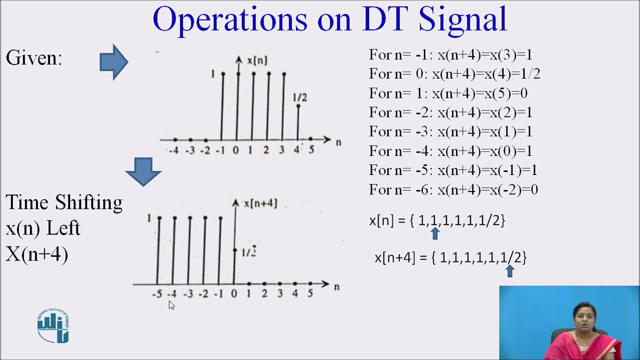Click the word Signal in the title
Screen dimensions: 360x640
tap(462, 20)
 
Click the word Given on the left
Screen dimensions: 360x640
tap(33, 58)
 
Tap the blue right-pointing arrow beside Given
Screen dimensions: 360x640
tap(114, 62)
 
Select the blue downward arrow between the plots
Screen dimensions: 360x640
tap(143, 171)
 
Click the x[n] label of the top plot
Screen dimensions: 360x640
tap(257, 60)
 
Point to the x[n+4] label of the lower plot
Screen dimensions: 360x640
tap(260, 203)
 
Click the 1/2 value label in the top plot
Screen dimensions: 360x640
tap(300, 97)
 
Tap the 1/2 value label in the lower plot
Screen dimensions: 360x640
tap(249, 252)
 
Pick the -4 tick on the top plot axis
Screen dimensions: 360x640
tap(173, 150)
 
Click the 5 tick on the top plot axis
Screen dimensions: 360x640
tap(311, 150)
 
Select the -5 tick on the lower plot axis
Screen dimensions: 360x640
tap(157, 294)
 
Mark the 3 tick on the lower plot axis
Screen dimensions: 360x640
tap(280, 294)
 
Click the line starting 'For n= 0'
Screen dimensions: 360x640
tap(454, 74)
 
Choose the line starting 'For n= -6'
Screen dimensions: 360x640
tap(453, 189)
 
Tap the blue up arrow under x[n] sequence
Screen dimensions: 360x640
tap(435, 233)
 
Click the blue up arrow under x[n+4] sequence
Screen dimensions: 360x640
tap(510, 271)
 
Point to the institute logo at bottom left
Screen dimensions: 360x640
tap(53, 326)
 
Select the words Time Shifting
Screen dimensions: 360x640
tap(64, 202)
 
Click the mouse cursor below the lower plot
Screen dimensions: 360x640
tap(171, 305)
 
